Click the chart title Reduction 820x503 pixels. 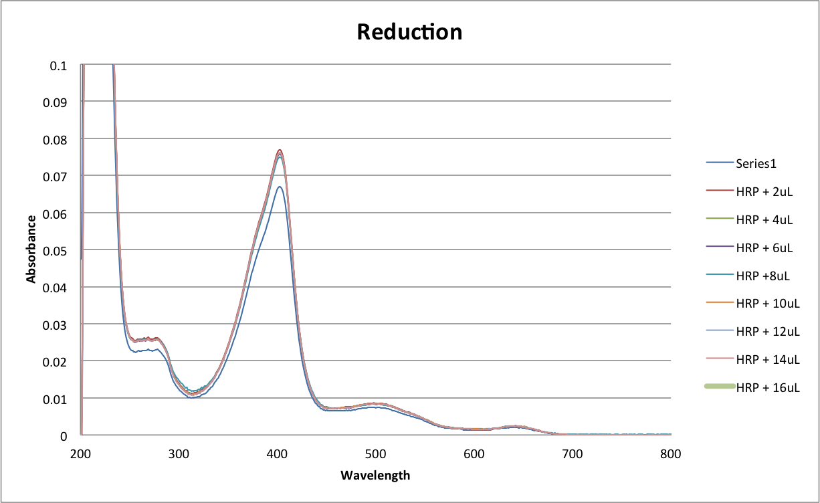pyautogui.click(x=409, y=31)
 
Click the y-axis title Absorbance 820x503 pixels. pyautogui.click(x=31, y=249)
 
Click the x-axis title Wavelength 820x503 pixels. pyautogui.click(x=375, y=476)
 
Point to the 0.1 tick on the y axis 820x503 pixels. pyautogui.click(x=59, y=66)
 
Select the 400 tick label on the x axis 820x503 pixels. pyautogui.click(x=277, y=454)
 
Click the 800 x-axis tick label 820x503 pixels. pyautogui.click(x=670, y=454)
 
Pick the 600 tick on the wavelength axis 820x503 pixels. pyautogui.click(x=474, y=454)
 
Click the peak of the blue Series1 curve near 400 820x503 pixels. pyautogui.click(x=279, y=187)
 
